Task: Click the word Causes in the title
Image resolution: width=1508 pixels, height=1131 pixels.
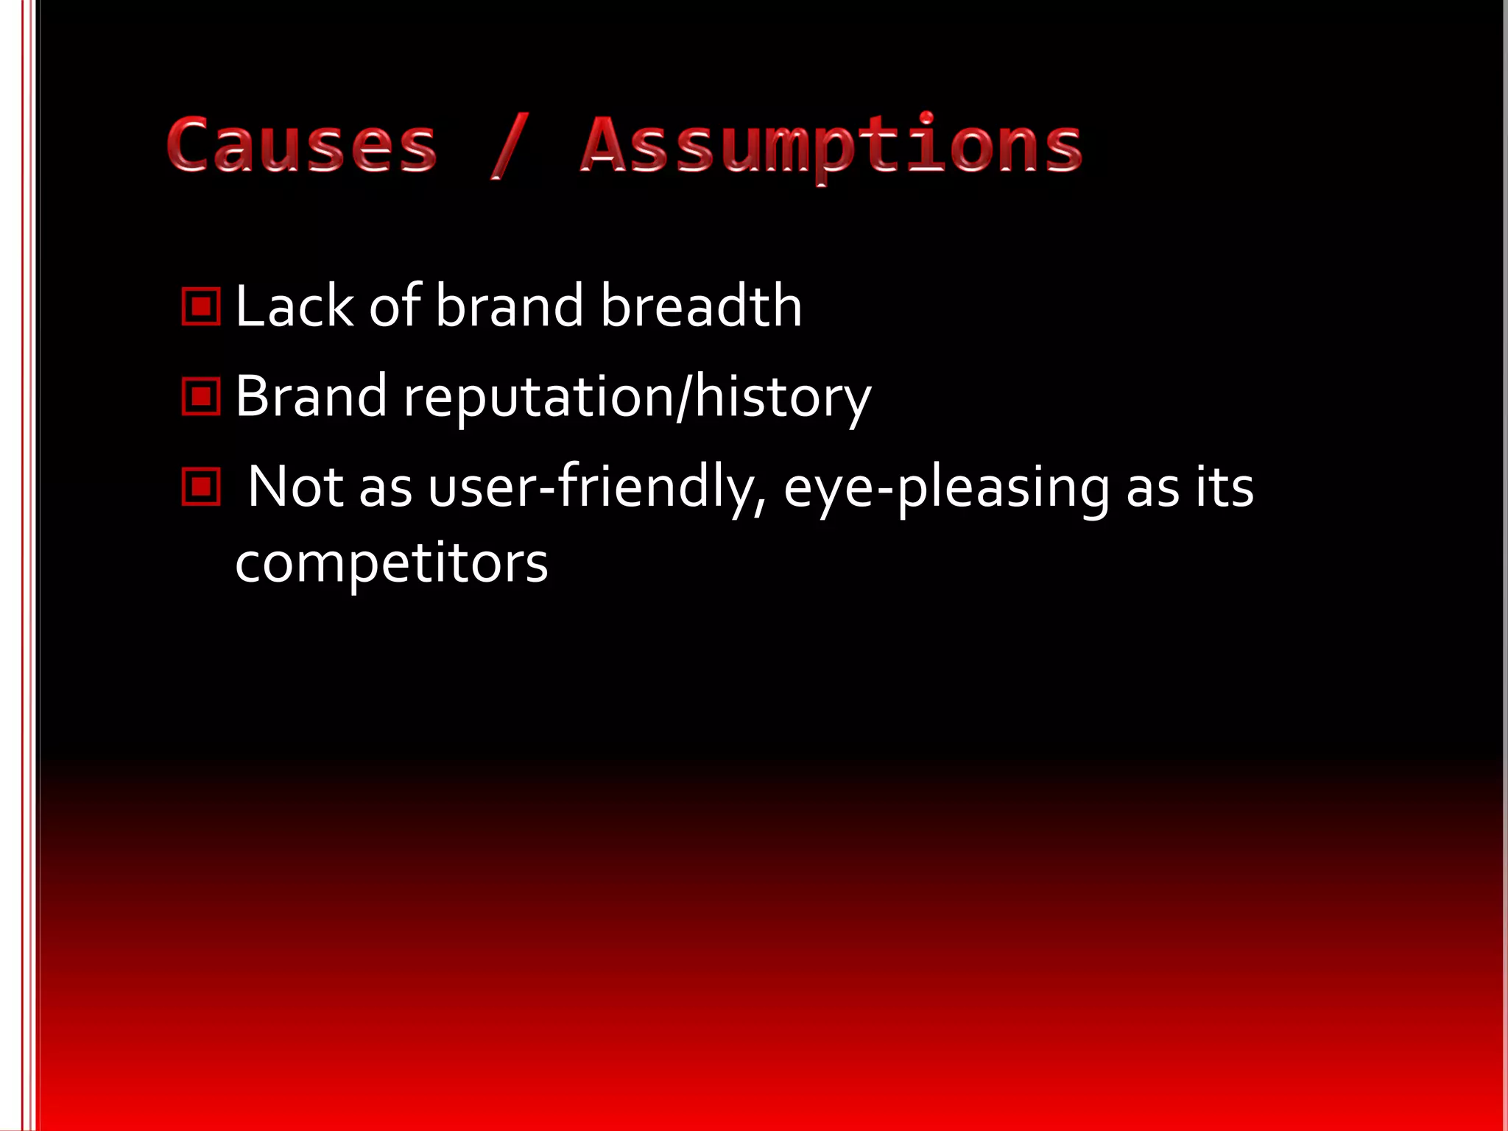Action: (302, 144)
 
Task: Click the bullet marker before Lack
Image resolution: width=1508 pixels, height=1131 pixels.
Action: (200, 306)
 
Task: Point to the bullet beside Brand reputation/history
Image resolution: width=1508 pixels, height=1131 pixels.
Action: (200, 397)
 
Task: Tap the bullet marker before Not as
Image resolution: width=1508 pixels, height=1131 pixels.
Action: (200, 487)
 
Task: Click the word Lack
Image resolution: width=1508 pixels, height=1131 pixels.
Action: (294, 306)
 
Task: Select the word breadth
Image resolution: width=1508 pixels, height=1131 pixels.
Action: (700, 306)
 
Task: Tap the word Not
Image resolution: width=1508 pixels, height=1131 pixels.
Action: (295, 487)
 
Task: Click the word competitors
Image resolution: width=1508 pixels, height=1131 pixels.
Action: (391, 564)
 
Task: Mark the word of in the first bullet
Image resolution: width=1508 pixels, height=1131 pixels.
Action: (395, 306)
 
